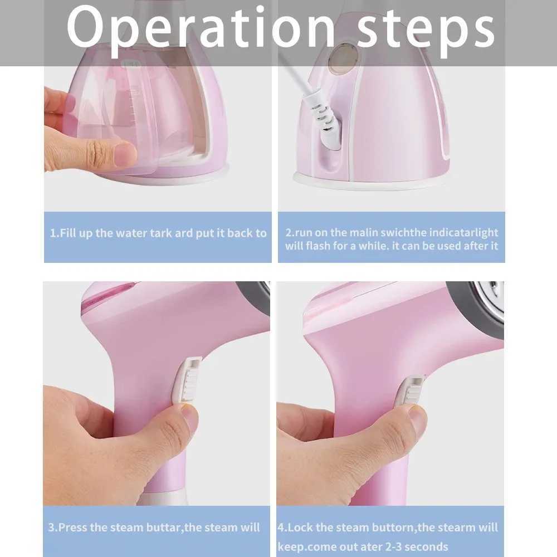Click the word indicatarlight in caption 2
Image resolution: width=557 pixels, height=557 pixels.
tap(463, 232)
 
